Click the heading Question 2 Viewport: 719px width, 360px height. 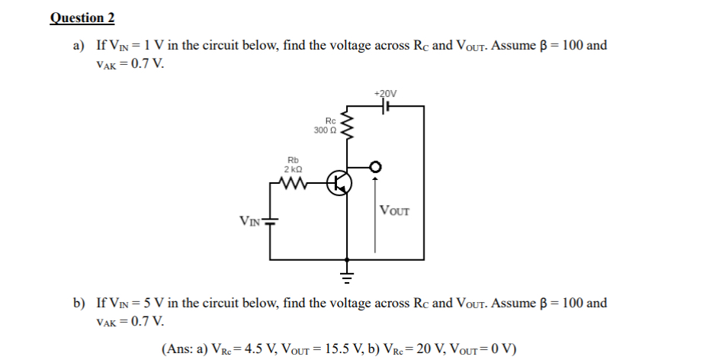click(77, 18)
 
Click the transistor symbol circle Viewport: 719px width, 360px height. click(338, 184)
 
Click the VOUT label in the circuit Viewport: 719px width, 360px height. click(394, 211)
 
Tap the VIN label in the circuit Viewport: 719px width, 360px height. click(251, 222)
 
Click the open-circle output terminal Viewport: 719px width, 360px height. click(374, 167)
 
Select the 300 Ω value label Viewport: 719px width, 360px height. click(324, 130)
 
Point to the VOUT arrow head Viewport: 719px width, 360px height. click(374, 180)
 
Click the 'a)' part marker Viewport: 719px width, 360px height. click(79, 46)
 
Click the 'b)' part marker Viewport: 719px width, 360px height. click(79, 304)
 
